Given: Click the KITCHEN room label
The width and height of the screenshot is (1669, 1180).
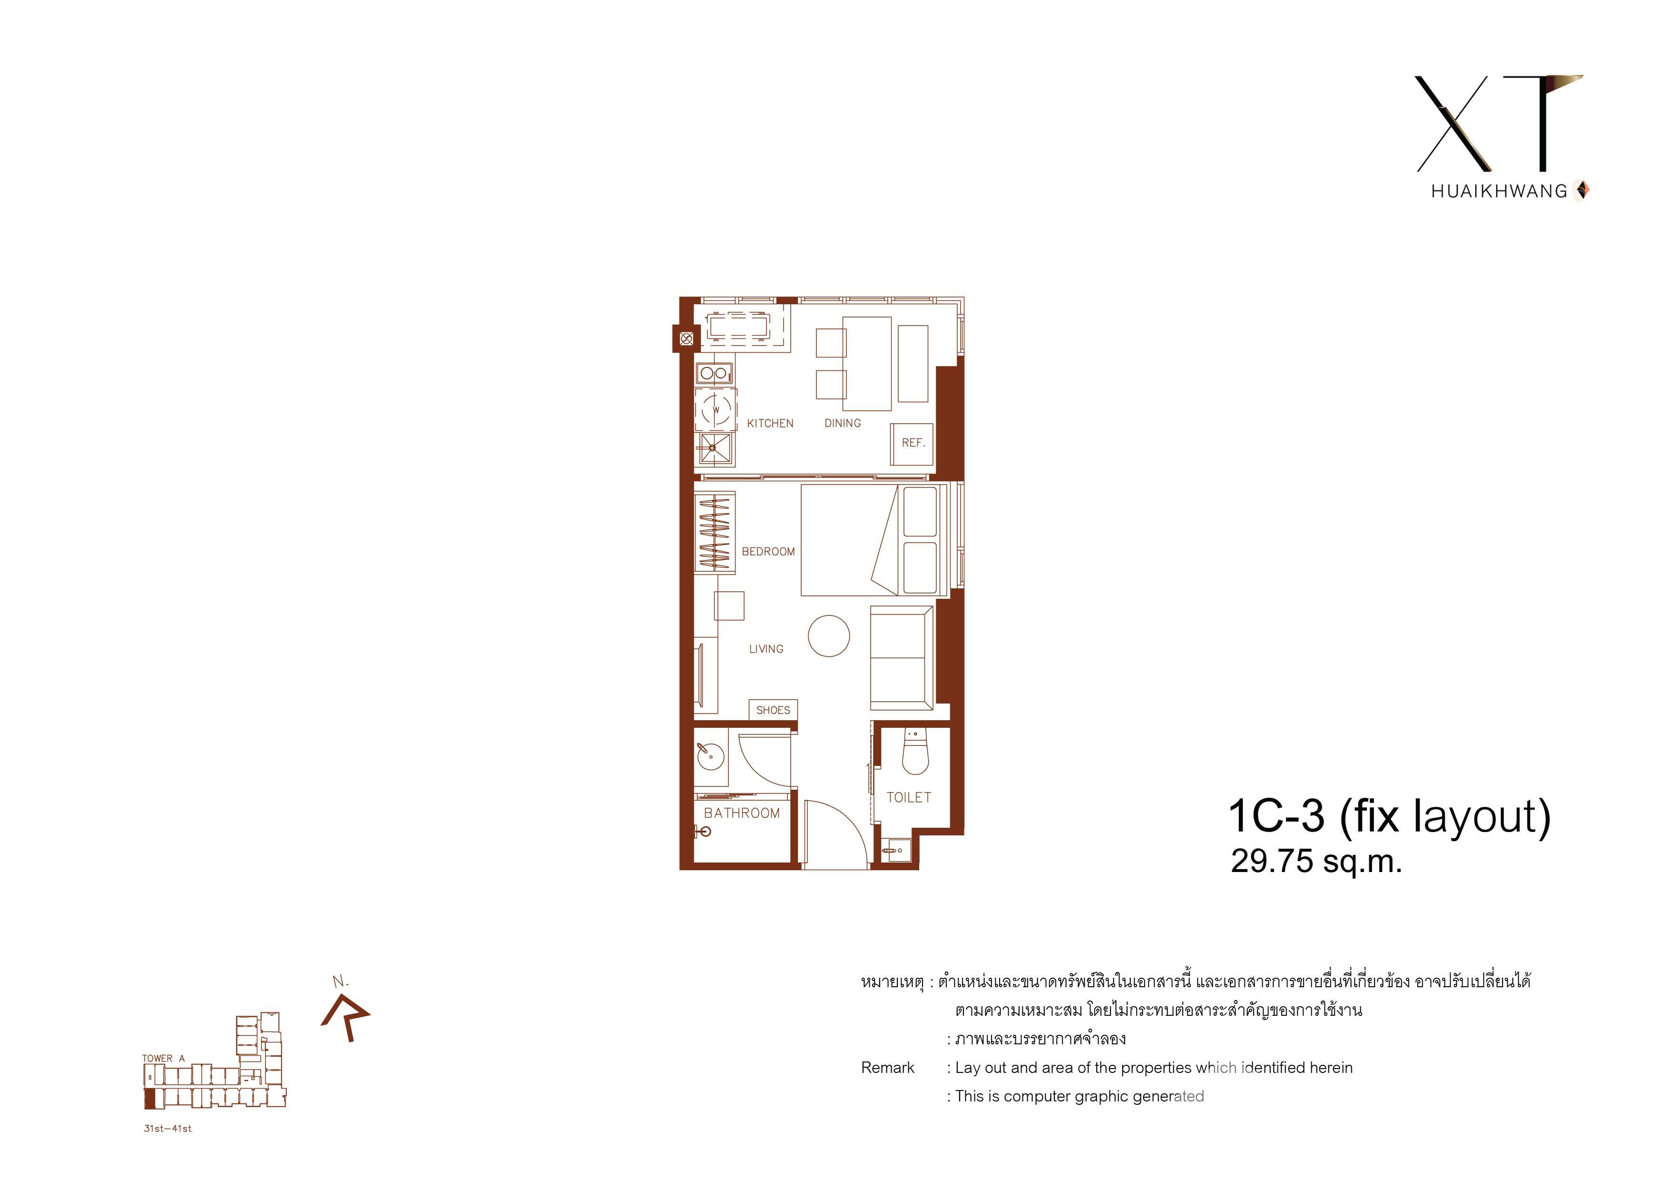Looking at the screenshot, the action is [770, 423].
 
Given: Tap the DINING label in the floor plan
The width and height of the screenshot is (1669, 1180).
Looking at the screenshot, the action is [843, 423].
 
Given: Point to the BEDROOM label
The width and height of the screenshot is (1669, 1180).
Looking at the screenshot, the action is [768, 552].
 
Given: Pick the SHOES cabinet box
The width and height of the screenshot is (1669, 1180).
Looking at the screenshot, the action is [773, 710].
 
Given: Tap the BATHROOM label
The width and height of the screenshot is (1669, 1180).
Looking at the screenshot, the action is [741, 813].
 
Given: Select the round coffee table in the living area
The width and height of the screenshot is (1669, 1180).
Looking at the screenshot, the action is [829, 636].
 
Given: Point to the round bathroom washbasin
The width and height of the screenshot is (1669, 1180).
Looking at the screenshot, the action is [710, 757].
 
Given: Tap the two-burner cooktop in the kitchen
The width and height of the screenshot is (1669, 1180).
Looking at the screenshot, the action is [714, 374].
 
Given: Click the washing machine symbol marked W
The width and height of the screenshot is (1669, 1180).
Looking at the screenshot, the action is [716, 410].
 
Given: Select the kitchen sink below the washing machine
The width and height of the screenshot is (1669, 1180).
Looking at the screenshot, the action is [714, 448].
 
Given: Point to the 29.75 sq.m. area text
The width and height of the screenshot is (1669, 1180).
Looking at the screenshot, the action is [1316, 862].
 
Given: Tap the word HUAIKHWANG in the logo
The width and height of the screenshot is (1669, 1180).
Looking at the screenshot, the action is [1499, 191].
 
